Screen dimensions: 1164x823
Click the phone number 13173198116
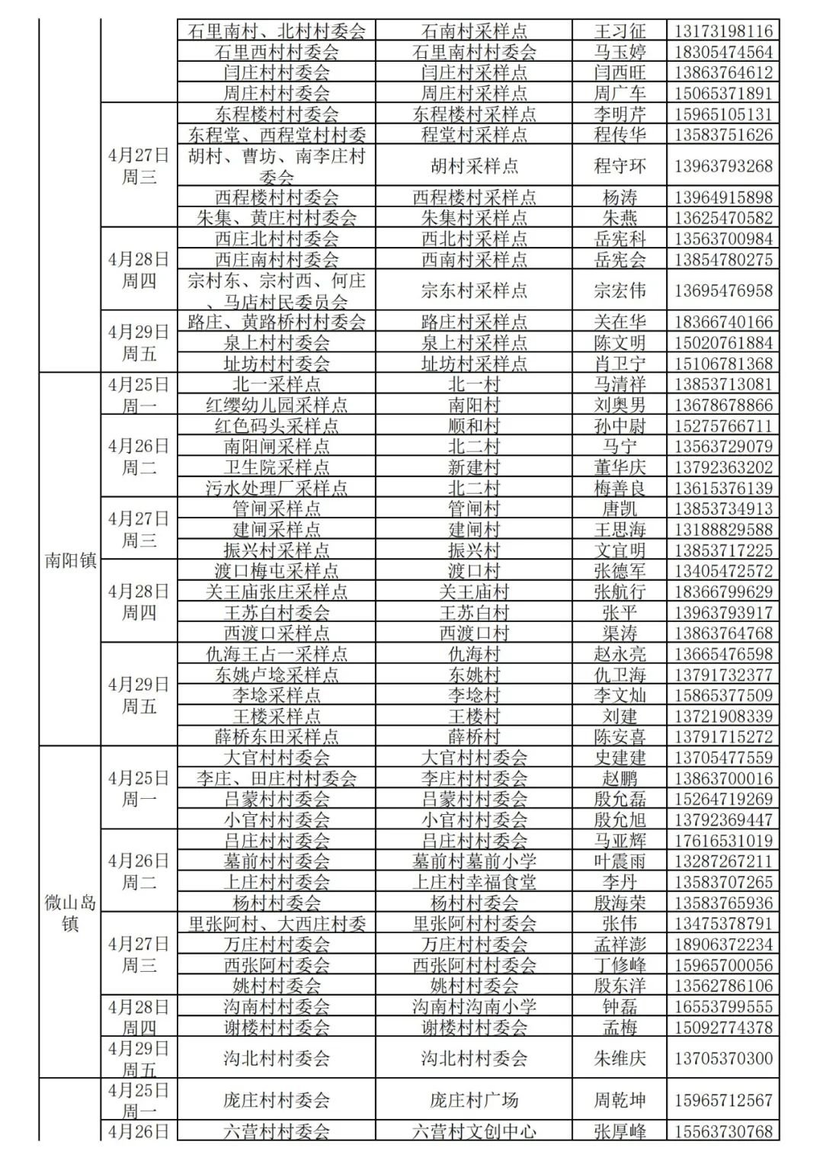click(x=723, y=31)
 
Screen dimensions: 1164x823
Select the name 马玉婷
click(x=620, y=52)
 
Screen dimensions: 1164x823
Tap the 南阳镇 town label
click(x=70, y=560)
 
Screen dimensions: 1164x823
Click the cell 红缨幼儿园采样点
click(x=276, y=405)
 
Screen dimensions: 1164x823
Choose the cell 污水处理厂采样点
click(x=276, y=488)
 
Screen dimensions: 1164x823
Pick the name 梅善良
click(x=620, y=488)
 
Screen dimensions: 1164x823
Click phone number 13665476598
click(x=723, y=654)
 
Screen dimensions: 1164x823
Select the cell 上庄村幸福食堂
click(x=473, y=882)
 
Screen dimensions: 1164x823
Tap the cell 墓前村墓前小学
click(x=473, y=861)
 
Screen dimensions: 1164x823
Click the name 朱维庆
click(x=620, y=1058)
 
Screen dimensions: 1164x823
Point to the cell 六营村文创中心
click(x=473, y=1131)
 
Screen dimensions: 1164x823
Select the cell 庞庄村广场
click(x=473, y=1100)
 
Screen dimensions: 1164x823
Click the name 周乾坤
click(x=620, y=1100)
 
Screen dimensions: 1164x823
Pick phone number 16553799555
click(x=723, y=1006)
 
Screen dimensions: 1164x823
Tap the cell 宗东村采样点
click(x=473, y=290)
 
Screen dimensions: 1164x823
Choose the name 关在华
click(x=620, y=322)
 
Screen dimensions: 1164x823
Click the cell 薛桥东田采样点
click(x=276, y=736)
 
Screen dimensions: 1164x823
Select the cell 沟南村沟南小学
click(x=473, y=1006)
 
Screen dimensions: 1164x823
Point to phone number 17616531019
click(x=723, y=841)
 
